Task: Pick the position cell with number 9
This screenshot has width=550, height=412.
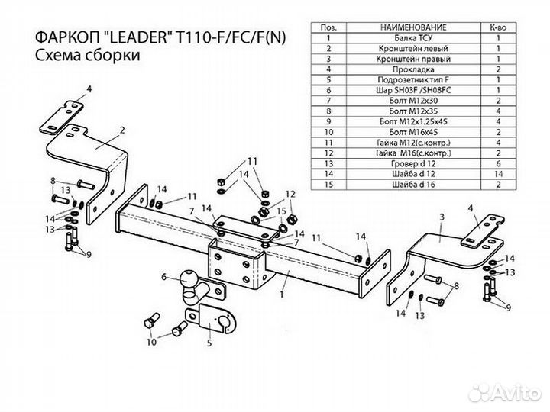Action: click(328, 120)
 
